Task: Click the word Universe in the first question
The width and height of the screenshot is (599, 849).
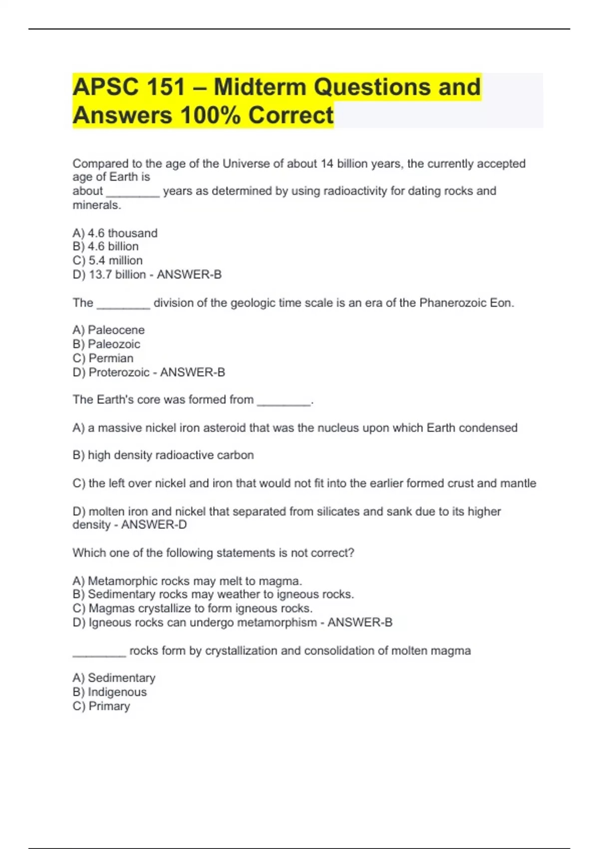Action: coord(245,164)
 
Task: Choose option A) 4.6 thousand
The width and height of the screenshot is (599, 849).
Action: coord(115,233)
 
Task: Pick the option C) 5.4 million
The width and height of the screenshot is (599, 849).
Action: coord(108,261)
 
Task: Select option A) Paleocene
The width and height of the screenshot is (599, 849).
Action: coord(109,330)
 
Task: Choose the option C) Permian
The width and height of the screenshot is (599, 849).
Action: coord(103,358)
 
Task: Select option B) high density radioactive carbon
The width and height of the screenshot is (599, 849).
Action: coord(163,455)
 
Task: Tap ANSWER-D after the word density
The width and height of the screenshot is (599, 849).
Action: coord(154,525)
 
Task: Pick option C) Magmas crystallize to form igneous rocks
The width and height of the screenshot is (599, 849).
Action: coord(193,608)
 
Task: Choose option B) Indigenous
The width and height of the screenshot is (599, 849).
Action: coord(110,692)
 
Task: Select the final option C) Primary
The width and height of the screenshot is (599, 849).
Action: coord(101,706)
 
